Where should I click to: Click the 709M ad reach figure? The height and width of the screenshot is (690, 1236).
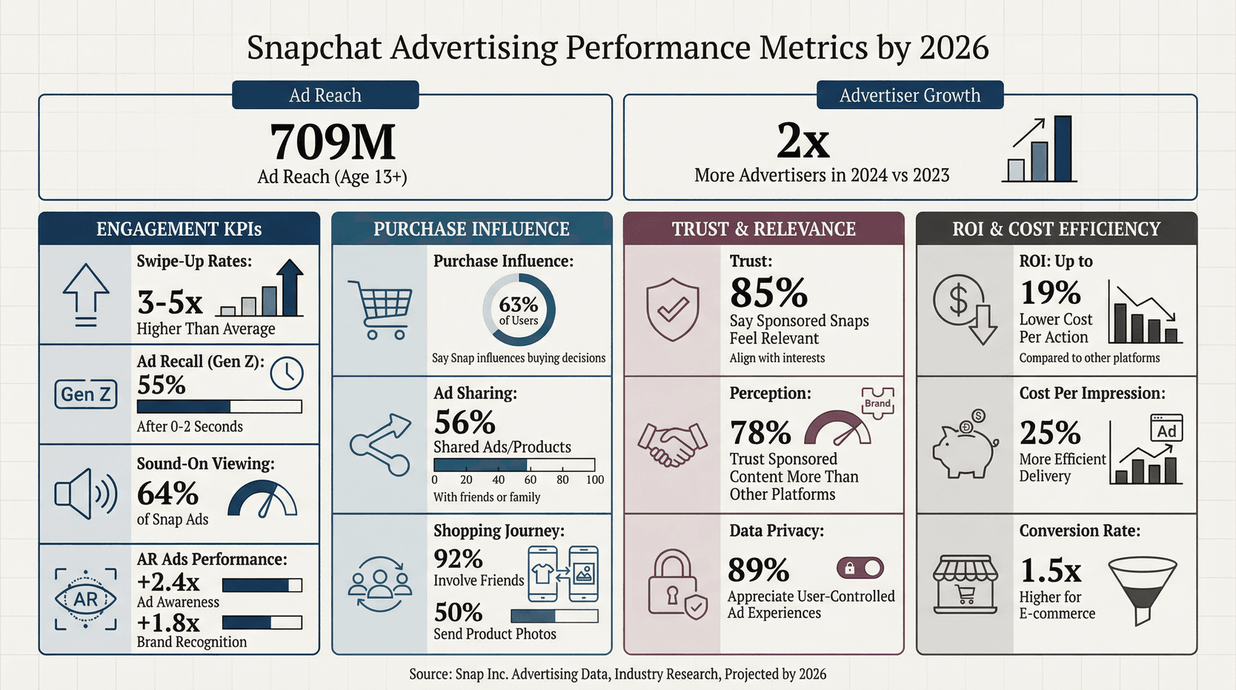click(333, 142)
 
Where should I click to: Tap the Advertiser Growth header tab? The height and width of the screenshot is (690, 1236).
click(909, 96)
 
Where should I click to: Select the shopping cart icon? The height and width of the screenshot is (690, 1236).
click(379, 309)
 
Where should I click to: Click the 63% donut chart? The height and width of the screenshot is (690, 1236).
click(519, 311)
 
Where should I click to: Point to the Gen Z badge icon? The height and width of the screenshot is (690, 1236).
click(86, 394)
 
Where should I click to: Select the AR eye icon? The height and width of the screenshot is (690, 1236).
click(86, 599)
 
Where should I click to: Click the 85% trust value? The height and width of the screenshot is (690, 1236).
click(768, 293)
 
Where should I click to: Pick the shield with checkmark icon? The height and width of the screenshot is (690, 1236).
click(672, 309)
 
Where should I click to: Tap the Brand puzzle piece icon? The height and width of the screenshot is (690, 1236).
click(877, 403)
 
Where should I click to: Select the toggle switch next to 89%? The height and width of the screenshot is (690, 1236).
click(860, 568)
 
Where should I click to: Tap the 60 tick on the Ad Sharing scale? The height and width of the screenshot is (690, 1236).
click(531, 480)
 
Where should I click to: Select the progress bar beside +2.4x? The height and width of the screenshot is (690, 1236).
click(262, 585)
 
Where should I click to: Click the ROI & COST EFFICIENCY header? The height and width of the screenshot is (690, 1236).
click(1056, 229)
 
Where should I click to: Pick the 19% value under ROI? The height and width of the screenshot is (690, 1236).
click(1050, 293)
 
